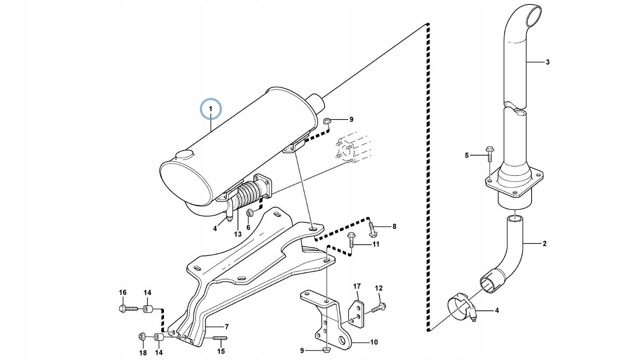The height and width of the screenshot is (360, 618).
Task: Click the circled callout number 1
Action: pos(210,108)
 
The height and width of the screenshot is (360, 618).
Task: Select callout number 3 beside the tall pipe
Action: pos(548,62)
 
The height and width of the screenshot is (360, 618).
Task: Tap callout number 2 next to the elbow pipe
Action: pos(544,243)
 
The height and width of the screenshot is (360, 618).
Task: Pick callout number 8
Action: pos(394,227)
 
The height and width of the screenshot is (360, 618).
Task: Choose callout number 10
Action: pos(374,342)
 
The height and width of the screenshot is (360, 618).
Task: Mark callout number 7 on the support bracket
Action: pos(226,327)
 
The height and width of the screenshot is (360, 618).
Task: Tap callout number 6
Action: pos(248,228)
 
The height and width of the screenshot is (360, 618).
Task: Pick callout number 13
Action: pos(238,234)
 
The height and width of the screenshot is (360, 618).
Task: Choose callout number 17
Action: pos(357,286)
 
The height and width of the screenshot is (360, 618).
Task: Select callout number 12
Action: pos(378,288)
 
